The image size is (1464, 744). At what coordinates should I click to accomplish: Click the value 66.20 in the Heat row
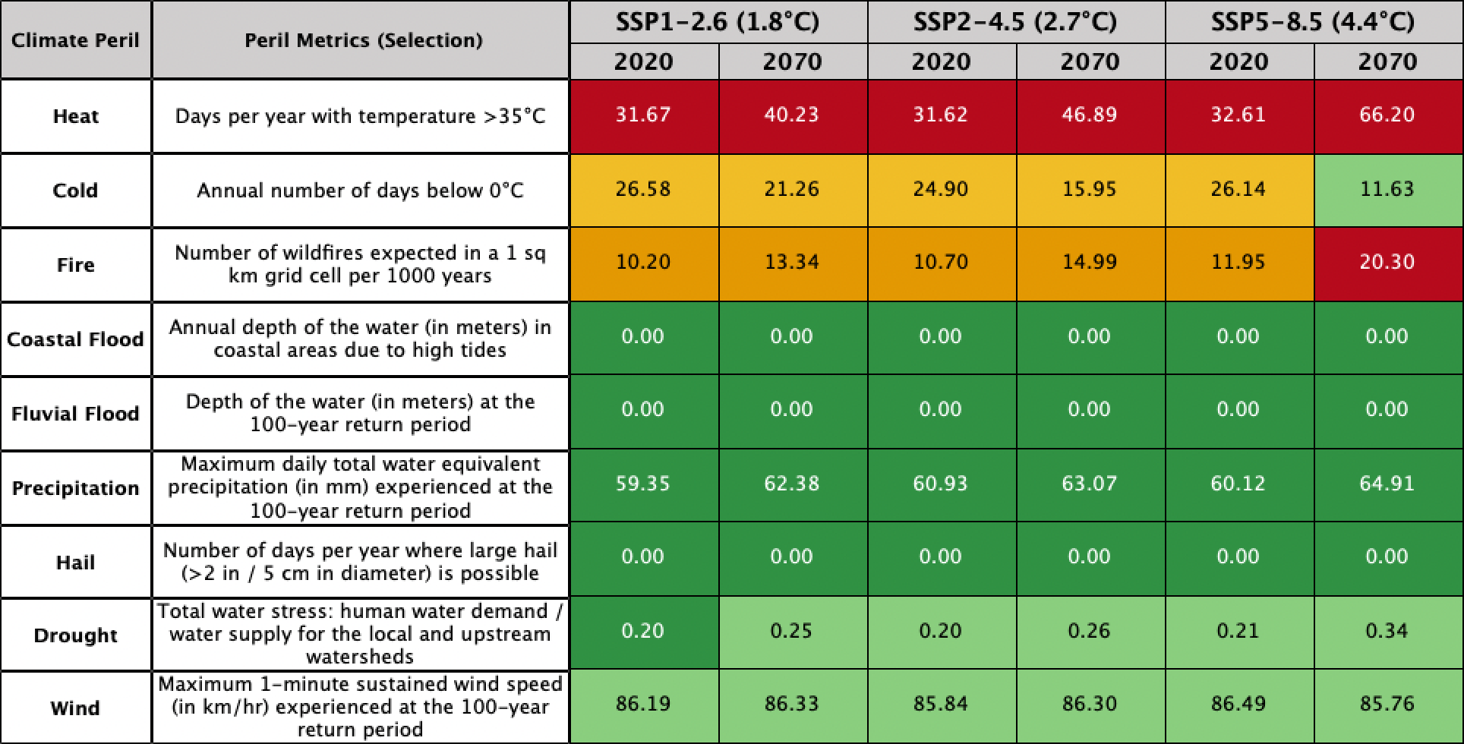click(x=1387, y=115)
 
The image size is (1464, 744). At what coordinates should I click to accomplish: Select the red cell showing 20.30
click(x=1387, y=262)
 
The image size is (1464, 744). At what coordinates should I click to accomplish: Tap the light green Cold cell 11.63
click(x=1387, y=188)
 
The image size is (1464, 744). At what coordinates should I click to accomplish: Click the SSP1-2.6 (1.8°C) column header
click(x=718, y=21)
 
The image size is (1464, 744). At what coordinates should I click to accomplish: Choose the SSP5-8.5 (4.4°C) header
click(x=1313, y=21)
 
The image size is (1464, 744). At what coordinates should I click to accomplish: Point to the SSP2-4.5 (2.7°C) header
click(x=1015, y=21)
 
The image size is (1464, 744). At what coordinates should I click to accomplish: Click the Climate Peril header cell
click(x=75, y=39)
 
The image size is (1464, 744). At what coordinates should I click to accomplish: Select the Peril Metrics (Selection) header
click(x=363, y=39)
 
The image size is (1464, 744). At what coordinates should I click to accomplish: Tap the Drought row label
click(x=75, y=635)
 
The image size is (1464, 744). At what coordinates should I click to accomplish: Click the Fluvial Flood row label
click(x=75, y=414)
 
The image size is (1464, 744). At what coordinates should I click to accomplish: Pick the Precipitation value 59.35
click(x=643, y=484)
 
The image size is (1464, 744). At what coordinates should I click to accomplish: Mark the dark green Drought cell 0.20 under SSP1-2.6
click(x=643, y=631)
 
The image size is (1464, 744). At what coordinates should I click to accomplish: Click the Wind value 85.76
click(x=1387, y=704)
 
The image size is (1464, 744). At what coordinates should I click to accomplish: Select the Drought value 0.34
click(x=1387, y=631)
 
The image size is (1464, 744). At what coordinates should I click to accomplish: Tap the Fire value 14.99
click(x=1090, y=262)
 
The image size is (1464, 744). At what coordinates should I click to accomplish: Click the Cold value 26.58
click(x=643, y=188)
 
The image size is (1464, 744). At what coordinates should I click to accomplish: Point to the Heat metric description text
click(x=360, y=116)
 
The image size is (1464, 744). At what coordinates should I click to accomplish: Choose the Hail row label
click(x=75, y=563)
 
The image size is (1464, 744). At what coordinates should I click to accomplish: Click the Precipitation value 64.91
click(x=1387, y=484)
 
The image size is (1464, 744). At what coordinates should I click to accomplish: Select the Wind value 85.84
click(x=941, y=704)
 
